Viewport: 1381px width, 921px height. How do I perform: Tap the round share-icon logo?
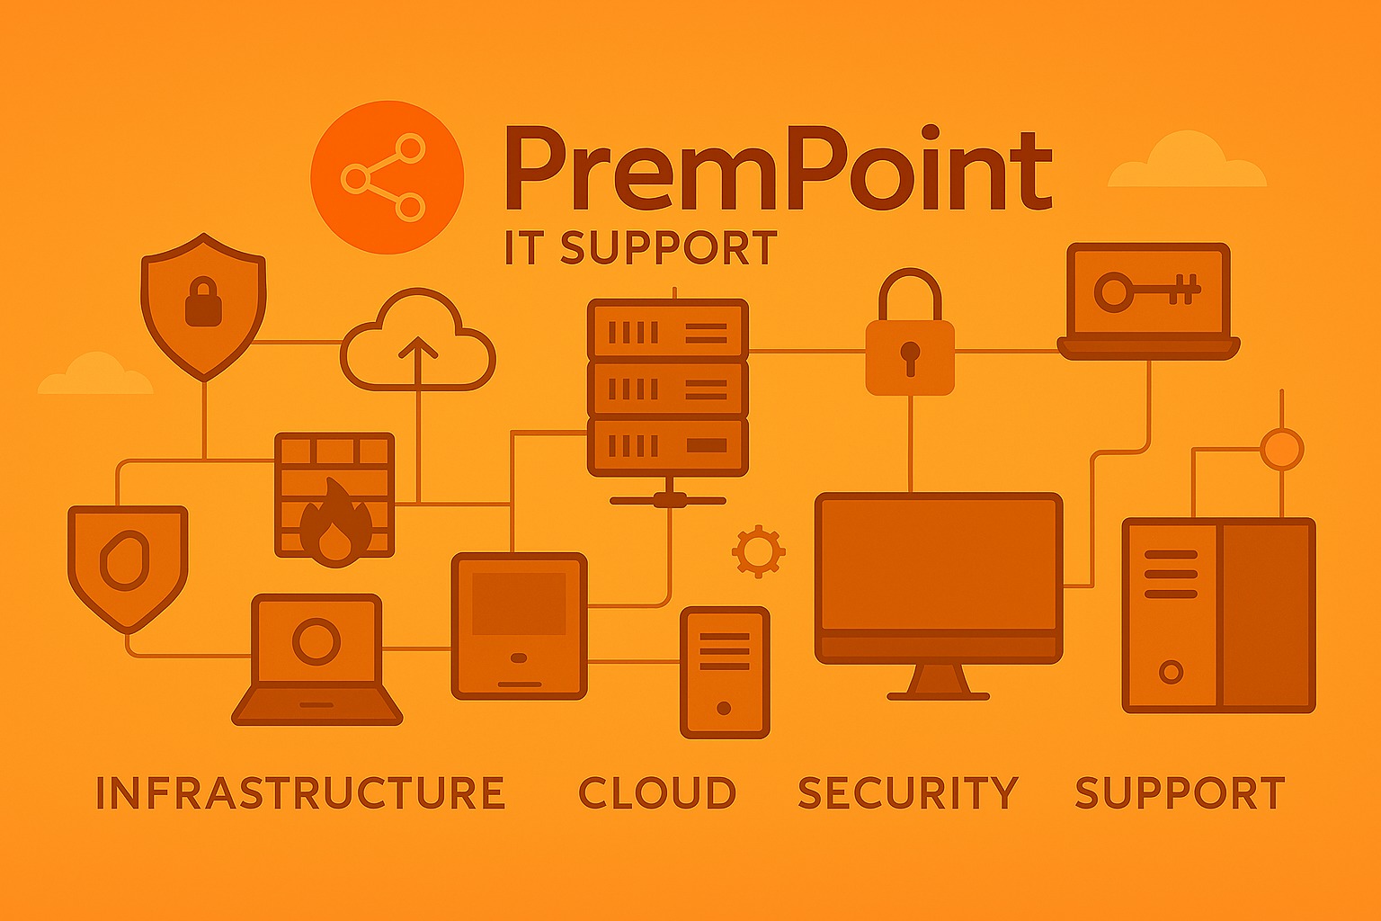tap(387, 176)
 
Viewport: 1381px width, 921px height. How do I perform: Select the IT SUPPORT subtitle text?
tap(640, 248)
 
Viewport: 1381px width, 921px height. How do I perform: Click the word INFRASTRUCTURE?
tap(299, 793)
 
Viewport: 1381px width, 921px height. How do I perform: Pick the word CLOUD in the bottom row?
tap(657, 793)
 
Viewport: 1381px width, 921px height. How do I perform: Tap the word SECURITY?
tap(908, 793)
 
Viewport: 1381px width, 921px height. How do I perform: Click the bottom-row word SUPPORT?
tap(1180, 793)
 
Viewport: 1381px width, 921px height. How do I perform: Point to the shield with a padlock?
tap(204, 304)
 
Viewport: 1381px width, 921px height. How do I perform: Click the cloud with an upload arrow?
tap(418, 342)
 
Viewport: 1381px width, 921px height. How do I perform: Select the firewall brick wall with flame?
tap(334, 495)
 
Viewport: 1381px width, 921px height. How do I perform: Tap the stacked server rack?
tap(667, 387)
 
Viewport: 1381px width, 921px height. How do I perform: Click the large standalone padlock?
tap(910, 342)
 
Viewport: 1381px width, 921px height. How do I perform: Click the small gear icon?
tap(758, 550)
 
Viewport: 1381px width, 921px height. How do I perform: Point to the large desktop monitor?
tap(939, 580)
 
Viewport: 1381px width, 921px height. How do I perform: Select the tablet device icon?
tap(519, 625)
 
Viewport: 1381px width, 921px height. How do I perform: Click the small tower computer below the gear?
tap(725, 672)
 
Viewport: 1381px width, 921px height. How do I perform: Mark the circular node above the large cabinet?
tap(1281, 448)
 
